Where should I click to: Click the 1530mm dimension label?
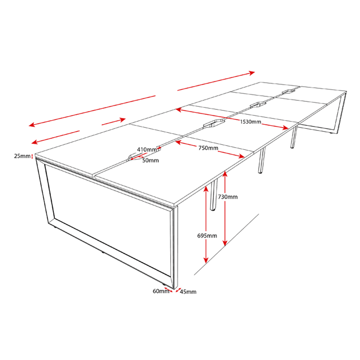[251, 121]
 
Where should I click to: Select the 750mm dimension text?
[208, 148]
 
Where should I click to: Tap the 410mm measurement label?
[147, 150]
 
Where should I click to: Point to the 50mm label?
[150, 161]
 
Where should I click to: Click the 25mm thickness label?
[22, 156]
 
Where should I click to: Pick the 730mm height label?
[228, 197]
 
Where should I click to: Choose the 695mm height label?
[207, 235]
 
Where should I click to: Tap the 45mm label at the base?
[188, 292]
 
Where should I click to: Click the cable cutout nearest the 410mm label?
[134, 156]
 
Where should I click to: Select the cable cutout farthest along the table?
[288, 91]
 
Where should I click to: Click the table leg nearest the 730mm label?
[214, 195]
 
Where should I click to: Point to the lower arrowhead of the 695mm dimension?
[206, 260]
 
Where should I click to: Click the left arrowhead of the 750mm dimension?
[178, 142]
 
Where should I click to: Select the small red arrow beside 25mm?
[32, 156]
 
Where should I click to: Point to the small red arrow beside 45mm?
[178, 290]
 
